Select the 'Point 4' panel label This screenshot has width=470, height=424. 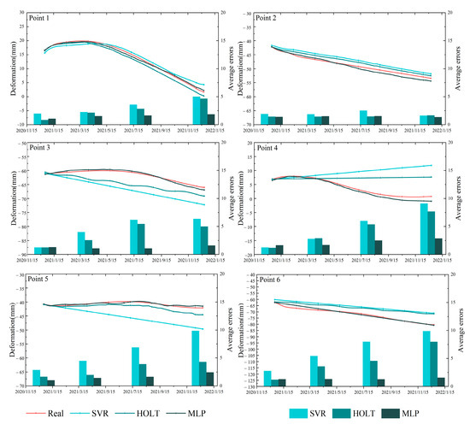click(274, 150)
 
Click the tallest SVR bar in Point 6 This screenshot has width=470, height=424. click(426, 358)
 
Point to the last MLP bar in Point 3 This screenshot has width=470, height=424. click(210, 250)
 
